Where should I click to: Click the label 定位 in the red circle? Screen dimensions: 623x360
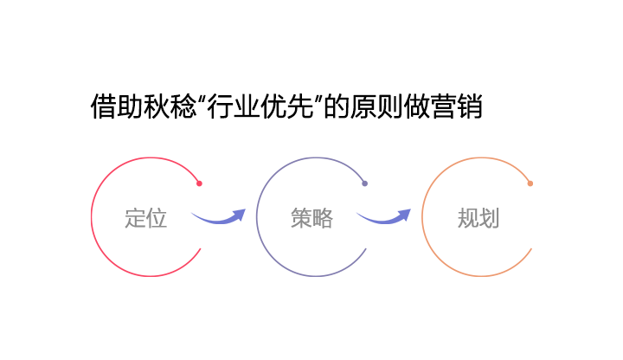146,218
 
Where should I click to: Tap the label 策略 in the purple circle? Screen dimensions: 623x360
311,218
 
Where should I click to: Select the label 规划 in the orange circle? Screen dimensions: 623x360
478,218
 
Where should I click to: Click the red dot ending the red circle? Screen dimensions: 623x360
200,183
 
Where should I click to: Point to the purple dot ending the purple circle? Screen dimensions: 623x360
365,183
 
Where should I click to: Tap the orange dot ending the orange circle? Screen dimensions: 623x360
530,183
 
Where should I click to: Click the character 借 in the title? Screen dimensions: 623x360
103,106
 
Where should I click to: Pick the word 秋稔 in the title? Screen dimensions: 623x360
169,106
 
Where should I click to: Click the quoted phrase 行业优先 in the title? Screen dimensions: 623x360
260,106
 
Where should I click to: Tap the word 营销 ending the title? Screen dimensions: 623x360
457,106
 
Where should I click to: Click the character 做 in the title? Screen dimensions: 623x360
417,106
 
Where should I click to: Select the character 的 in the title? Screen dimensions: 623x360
337,106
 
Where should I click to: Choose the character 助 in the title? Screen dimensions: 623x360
130,106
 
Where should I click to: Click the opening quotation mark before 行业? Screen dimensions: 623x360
202,99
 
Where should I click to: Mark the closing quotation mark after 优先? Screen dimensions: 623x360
318,99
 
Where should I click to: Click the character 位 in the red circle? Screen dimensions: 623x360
157,218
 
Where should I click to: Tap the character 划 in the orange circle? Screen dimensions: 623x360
489,218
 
